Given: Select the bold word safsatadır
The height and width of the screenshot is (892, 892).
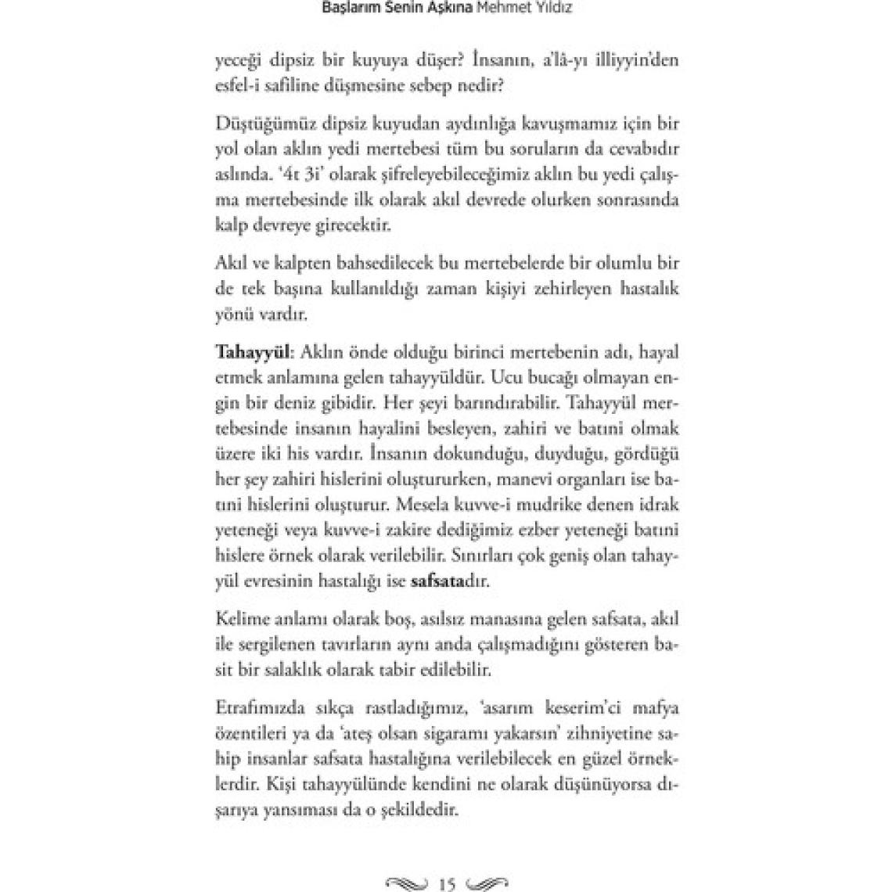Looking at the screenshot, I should click(x=449, y=582).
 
